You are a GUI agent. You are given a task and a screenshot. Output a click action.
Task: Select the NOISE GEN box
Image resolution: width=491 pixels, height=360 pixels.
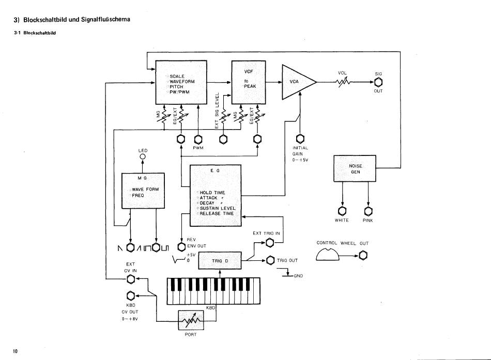pyautogui.click(x=355, y=168)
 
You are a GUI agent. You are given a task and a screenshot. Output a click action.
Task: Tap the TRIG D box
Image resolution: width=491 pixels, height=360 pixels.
pyautogui.click(x=220, y=260)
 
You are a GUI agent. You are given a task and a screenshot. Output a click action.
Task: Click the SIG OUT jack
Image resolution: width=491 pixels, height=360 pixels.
pyautogui.click(x=378, y=82)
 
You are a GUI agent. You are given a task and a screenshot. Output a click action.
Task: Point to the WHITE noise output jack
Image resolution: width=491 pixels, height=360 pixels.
pyautogui.click(x=342, y=211)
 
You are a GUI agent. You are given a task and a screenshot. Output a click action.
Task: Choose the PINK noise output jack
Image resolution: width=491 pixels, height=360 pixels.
pyautogui.click(x=368, y=211)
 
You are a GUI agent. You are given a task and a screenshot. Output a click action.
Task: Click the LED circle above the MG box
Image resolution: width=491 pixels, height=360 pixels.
pyautogui.click(x=143, y=156)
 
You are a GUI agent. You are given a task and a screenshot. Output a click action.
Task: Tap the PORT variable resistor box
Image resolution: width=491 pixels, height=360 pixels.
pyautogui.click(x=191, y=320)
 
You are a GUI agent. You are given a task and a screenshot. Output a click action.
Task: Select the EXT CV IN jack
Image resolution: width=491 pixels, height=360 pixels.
pyautogui.click(x=131, y=279)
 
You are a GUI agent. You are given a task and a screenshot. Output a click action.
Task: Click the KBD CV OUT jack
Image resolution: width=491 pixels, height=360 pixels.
pyautogui.click(x=131, y=295)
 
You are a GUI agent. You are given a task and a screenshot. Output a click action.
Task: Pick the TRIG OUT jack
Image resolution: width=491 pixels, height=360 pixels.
pyautogui.click(x=270, y=260)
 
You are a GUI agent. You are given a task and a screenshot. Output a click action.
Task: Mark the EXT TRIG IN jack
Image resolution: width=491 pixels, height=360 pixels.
pyautogui.click(x=270, y=243)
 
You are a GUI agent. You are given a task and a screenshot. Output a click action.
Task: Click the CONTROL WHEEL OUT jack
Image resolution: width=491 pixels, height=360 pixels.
pyautogui.click(x=363, y=256)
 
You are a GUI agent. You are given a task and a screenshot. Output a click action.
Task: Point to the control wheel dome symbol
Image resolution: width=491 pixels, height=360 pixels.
pyautogui.click(x=328, y=255)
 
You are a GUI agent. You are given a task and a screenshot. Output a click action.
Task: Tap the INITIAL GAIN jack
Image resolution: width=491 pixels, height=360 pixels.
pyautogui.click(x=300, y=138)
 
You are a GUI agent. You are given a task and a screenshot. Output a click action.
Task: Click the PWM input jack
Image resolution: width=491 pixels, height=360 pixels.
pyautogui.click(x=198, y=139)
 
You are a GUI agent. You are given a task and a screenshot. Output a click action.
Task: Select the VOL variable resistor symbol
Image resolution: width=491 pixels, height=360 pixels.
pyautogui.click(x=343, y=82)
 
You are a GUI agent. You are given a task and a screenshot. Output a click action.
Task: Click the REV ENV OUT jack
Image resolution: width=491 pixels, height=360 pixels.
pyautogui.click(x=181, y=247)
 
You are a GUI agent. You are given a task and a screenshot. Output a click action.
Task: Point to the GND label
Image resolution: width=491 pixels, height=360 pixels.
pyautogui.click(x=298, y=276)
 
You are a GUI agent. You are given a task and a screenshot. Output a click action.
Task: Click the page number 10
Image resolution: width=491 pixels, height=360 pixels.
pyautogui.click(x=16, y=351)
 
